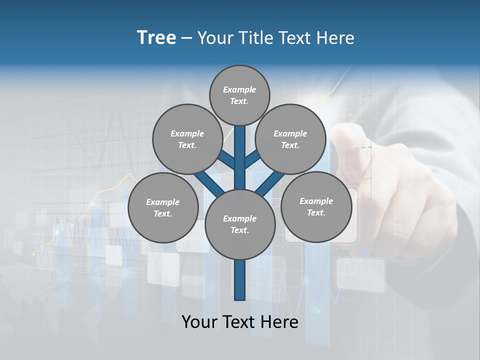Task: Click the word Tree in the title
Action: pyautogui.click(x=156, y=38)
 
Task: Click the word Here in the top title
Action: pyautogui.click(x=335, y=38)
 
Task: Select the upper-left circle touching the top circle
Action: pyautogui.click(x=187, y=139)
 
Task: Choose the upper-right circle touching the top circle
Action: pyautogui.click(x=290, y=139)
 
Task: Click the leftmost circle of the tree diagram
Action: pyautogui.click(x=163, y=208)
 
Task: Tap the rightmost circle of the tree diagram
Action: pyautogui.click(x=316, y=207)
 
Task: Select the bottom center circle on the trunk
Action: pyautogui.click(x=240, y=224)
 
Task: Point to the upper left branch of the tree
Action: pyautogui.click(x=226, y=160)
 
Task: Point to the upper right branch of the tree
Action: pyautogui.click(x=252, y=159)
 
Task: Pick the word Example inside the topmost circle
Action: pyautogui.click(x=239, y=90)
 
